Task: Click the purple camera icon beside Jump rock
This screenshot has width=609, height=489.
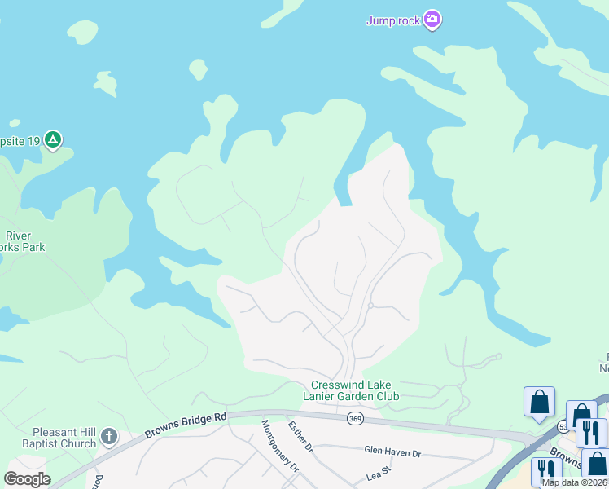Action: pos(432,20)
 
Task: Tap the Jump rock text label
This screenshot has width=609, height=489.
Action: pos(393,20)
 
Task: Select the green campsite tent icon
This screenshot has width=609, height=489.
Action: pos(53,140)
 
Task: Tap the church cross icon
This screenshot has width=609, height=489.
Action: pos(109,438)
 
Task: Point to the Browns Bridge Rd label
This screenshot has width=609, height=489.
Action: pos(186,424)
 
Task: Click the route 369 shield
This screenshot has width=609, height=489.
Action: pos(355,418)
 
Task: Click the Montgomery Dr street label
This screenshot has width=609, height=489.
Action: pos(280,446)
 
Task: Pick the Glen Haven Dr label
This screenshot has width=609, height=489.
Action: pos(392,451)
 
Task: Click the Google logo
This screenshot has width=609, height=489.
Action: pos(26,479)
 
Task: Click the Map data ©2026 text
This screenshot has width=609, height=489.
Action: pos(575,482)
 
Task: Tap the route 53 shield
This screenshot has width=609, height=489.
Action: pos(563,425)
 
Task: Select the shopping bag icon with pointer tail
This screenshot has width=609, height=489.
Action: pos(539,402)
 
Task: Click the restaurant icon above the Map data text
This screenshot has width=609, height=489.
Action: pos(545,470)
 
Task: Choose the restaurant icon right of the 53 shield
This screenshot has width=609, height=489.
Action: pos(591,432)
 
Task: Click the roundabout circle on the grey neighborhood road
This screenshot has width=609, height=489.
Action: pos(370,306)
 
